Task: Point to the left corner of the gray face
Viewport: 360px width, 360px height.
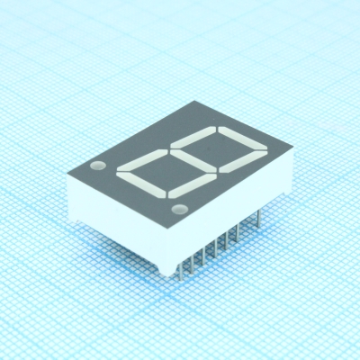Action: [x=66, y=167]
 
